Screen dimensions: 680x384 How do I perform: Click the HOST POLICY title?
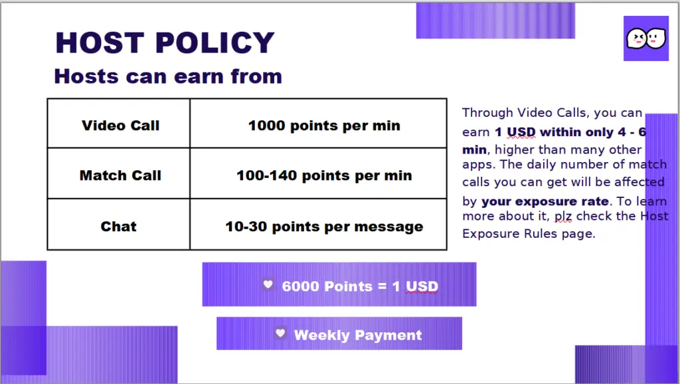[x=165, y=43]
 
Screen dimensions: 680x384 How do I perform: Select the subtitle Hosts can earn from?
[x=168, y=76]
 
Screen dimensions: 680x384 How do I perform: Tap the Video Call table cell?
[x=118, y=124]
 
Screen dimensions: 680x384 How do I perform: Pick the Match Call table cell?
[x=118, y=173]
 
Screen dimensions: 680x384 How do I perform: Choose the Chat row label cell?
[x=118, y=225]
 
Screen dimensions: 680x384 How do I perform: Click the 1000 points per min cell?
[x=318, y=124]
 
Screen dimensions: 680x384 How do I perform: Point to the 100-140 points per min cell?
[x=318, y=173]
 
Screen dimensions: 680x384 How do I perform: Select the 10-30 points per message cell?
[x=318, y=225]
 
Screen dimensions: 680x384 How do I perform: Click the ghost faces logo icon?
[x=645, y=38]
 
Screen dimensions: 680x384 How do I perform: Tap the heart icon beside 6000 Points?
[x=268, y=284]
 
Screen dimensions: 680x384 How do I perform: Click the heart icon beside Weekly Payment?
[x=281, y=333]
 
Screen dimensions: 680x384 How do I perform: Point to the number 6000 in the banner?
[x=301, y=286]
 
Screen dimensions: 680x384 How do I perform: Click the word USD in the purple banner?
[x=422, y=286]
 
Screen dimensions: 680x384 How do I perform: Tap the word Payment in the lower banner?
[x=388, y=336]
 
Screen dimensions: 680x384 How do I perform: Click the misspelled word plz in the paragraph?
[x=563, y=216]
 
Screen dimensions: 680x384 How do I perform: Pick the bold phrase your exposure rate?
[x=545, y=201]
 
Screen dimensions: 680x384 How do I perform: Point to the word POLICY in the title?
[x=214, y=43]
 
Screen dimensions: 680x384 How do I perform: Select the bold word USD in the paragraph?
[x=521, y=132]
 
